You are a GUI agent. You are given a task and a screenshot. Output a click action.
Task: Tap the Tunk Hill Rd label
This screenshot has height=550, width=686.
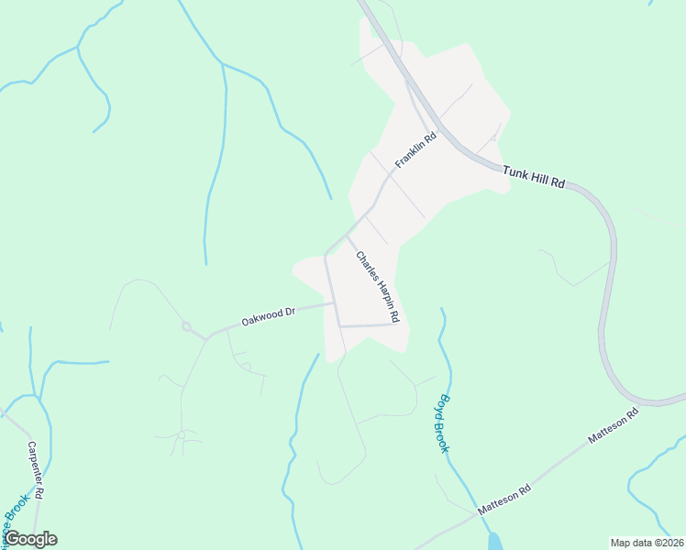click(533, 177)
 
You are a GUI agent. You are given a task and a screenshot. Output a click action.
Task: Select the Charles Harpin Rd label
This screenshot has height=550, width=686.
click(378, 286)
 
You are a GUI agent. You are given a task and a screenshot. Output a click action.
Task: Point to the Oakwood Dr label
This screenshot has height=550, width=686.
click(268, 317)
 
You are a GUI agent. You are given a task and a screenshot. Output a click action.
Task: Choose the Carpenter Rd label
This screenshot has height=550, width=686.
click(37, 469)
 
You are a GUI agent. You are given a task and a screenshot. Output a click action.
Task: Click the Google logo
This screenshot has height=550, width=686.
click(30, 539)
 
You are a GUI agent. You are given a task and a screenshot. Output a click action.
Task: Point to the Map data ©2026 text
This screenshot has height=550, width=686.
click(646, 543)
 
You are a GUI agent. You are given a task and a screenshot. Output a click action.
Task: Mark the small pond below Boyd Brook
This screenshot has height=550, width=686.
click(494, 542)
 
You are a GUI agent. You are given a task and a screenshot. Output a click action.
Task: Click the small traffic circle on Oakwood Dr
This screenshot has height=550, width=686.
click(186, 325)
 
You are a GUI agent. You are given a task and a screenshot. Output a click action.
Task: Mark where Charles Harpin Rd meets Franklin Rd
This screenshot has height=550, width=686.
click(347, 235)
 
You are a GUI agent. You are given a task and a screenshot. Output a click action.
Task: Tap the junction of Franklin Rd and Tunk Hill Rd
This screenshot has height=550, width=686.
click(441, 127)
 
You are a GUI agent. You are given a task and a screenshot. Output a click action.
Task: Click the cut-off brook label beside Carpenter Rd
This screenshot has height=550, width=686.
click(16, 518)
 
